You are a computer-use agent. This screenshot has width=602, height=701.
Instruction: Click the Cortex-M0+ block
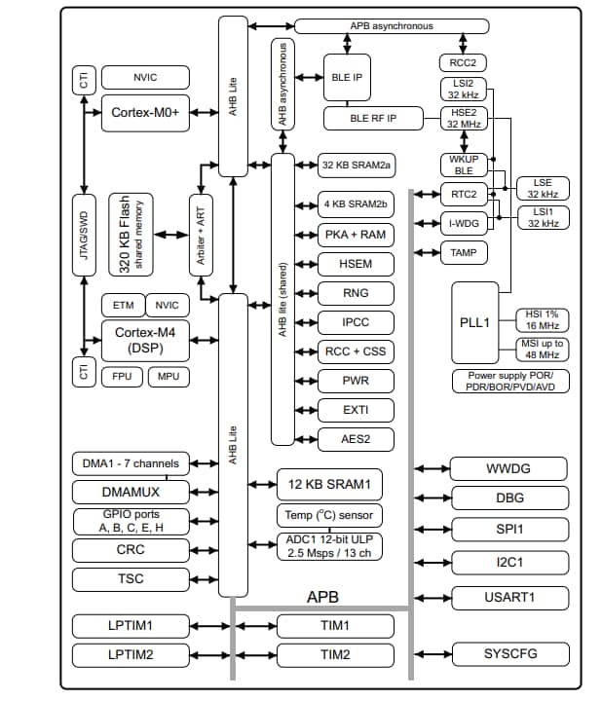(144, 113)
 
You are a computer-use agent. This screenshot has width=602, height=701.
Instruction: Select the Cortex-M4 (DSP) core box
(144, 340)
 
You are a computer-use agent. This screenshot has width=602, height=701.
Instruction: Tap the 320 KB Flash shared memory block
(132, 234)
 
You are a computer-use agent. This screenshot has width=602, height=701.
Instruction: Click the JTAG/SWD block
(84, 234)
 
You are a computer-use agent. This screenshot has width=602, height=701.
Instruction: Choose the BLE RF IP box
(373, 119)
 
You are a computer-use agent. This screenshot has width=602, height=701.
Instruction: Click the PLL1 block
(475, 320)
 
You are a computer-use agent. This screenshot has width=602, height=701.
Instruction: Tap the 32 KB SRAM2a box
(357, 166)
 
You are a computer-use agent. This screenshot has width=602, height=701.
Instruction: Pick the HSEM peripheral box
(357, 264)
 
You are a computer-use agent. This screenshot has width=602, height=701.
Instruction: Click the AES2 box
(357, 440)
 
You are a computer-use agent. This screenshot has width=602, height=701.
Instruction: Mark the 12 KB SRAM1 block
(328, 484)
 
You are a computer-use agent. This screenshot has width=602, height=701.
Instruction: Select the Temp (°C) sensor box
(328, 516)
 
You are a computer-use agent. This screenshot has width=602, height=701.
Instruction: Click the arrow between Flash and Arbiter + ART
(171, 235)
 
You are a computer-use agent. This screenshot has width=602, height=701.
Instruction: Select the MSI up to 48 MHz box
(546, 350)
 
